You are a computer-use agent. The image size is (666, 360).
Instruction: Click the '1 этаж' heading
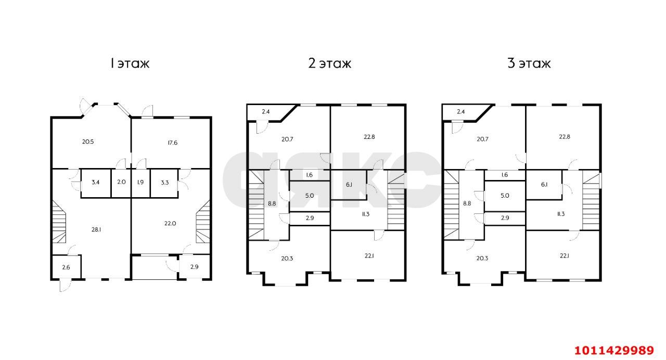pyautogui.click(x=130, y=63)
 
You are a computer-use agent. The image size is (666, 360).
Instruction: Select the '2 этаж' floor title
pyautogui.click(x=330, y=63)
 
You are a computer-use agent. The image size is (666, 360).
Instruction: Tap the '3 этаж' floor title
pyautogui.click(x=529, y=63)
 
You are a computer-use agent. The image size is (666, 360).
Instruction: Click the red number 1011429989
pyautogui.click(x=614, y=351)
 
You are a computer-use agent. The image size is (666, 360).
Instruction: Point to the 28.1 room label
pyautogui.click(x=96, y=229)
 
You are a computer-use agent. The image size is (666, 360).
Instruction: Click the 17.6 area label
pyautogui.click(x=172, y=143)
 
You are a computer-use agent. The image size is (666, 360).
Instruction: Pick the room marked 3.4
pyautogui.click(x=95, y=182)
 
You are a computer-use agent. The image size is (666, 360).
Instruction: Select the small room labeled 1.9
pyautogui.click(x=140, y=182)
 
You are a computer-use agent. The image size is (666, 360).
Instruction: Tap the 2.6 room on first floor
pyautogui.click(x=66, y=267)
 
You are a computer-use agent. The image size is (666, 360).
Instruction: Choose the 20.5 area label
pyautogui.click(x=88, y=142)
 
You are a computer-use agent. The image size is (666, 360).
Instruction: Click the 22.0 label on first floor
pyautogui.click(x=170, y=224)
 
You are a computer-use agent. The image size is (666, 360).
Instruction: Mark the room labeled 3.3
pyautogui.click(x=165, y=183)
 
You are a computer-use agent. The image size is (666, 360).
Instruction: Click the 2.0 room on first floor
pyautogui.click(x=121, y=182)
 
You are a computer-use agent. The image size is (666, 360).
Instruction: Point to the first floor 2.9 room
pyautogui.click(x=194, y=267)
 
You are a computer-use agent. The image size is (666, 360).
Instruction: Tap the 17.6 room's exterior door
pyautogui.click(x=147, y=111)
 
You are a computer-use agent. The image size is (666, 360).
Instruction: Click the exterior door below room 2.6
pyautogui.click(x=66, y=286)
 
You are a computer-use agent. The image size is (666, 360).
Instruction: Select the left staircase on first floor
pyautogui.click(x=59, y=222)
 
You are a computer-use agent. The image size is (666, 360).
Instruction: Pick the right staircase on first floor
pyautogui.click(x=203, y=222)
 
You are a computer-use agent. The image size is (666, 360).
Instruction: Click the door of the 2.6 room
pyautogui.click(x=72, y=250)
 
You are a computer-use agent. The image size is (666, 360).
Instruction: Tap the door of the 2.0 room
pyautogui.click(x=120, y=164)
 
